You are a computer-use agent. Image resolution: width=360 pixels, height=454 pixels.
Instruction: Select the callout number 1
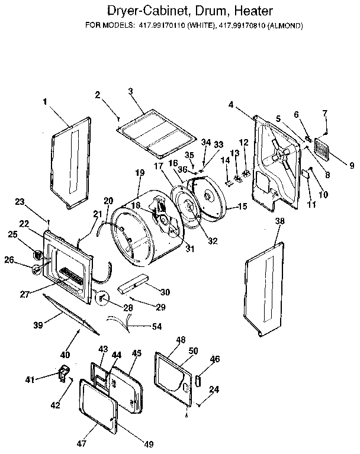pyautogui.click(x=45, y=101)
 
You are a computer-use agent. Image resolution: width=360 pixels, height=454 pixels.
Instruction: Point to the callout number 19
pyautogui.click(x=140, y=173)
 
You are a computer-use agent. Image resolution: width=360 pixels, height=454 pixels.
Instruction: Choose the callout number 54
pyautogui.click(x=156, y=327)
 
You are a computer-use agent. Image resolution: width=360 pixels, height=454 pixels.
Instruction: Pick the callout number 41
pyautogui.click(x=28, y=378)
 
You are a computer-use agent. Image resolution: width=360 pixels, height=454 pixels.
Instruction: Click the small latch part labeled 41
pyautogui.click(x=62, y=374)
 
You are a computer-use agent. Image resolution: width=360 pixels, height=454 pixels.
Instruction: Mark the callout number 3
pyautogui.click(x=131, y=91)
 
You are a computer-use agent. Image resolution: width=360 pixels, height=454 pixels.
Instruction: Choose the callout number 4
pyautogui.click(x=230, y=105)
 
